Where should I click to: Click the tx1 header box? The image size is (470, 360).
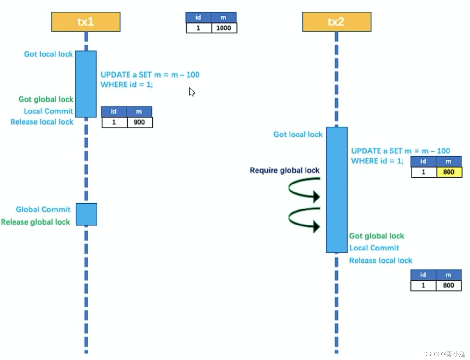tap(86, 22)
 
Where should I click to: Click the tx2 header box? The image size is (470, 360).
tap(336, 22)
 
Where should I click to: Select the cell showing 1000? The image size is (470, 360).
tap(223, 28)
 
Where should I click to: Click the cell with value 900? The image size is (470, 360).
tap(139, 122)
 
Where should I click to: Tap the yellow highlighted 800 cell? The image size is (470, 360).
tap(449, 172)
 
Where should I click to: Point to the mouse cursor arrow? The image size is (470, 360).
tap(192, 92)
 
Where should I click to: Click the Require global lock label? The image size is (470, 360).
tap(285, 170)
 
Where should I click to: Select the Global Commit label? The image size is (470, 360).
tap(43, 209)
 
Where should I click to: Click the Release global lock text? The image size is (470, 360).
tap(36, 222)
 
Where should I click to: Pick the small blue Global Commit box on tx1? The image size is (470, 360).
tap(86, 214)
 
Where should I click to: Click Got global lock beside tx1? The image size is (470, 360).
tap(46, 99)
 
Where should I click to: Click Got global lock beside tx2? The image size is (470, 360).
tap(376, 236)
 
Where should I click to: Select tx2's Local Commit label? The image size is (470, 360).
tap(374, 248)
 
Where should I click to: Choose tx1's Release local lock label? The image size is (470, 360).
tap(42, 122)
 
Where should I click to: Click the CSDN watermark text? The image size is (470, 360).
tap(444, 354)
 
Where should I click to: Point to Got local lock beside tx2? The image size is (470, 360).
tap(298, 135)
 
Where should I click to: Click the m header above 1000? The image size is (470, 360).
tap(223, 17)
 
